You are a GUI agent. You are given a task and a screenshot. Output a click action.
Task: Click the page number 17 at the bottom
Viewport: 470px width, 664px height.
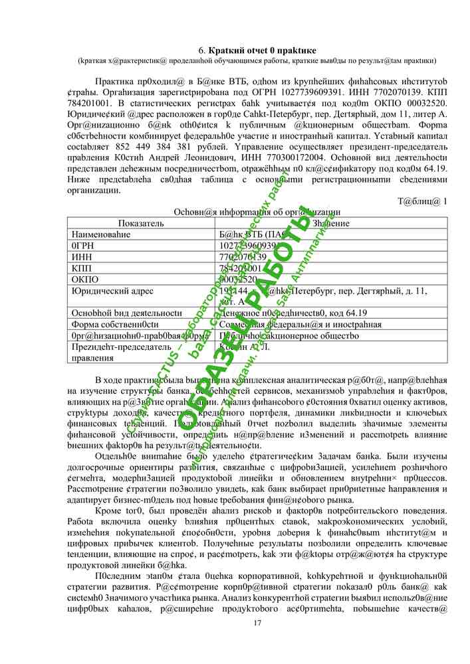point(258,622)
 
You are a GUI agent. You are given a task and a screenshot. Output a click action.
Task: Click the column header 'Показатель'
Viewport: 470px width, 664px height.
point(141,223)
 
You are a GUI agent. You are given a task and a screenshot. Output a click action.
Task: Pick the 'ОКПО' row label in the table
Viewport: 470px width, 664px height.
point(84,280)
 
